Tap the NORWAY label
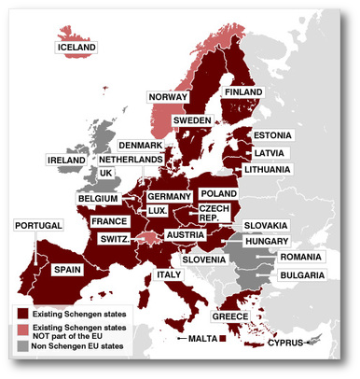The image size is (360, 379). point(168,97)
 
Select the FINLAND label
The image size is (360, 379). point(244,93)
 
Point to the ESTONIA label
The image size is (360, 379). point(272,135)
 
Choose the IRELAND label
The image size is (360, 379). point(67,161)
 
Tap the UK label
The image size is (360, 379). point(105,174)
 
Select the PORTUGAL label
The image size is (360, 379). point(38,226)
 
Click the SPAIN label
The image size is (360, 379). point(68,269)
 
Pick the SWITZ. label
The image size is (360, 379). point(115,239)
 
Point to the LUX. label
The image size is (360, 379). point(158,211)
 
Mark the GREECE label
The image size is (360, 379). point(229,316)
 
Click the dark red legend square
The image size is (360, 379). point(22,314)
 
